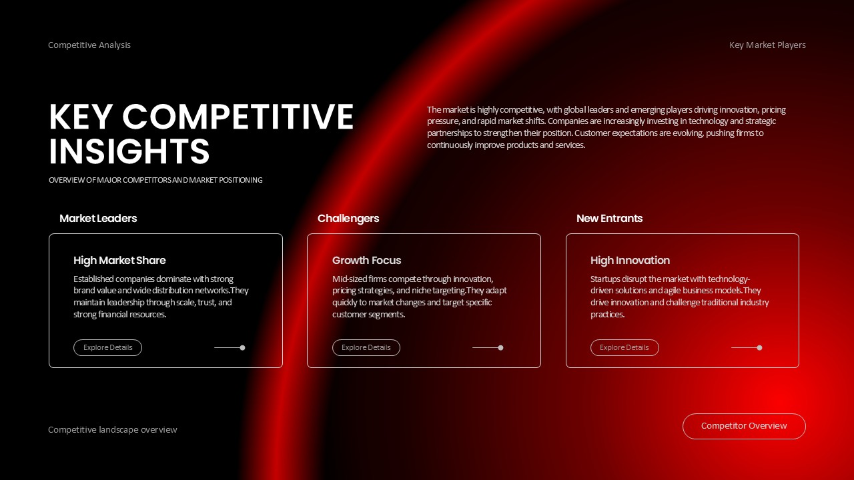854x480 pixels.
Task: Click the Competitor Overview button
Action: [x=744, y=426]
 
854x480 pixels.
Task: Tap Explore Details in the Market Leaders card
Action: [x=107, y=347]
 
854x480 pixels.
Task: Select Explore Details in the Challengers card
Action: [x=366, y=347]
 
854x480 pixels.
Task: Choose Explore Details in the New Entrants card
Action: [x=624, y=347]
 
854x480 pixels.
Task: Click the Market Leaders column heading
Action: [x=98, y=218]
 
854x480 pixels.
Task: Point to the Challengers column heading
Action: [x=348, y=218]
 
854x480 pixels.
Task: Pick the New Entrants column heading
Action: [x=609, y=218]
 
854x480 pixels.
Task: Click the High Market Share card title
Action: [x=119, y=260]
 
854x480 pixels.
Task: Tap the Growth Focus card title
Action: [x=367, y=260]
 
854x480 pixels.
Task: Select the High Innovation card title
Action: [x=630, y=260]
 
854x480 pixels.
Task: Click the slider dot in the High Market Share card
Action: [x=242, y=347]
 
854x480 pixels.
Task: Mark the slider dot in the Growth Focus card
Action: [x=500, y=347]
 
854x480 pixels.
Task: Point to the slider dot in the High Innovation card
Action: [x=759, y=347]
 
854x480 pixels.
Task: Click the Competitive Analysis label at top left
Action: [x=89, y=45]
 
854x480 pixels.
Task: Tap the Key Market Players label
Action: [x=767, y=45]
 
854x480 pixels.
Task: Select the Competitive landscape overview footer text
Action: [x=113, y=430]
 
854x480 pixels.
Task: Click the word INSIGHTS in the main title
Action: [x=129, y=151]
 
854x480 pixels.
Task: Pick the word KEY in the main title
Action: [x=79, y=117]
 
